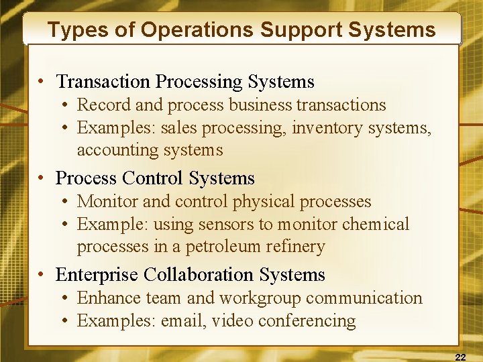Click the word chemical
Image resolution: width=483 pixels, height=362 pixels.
(x=376, y=225)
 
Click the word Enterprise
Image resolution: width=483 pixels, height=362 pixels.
(x=97, y=275)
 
